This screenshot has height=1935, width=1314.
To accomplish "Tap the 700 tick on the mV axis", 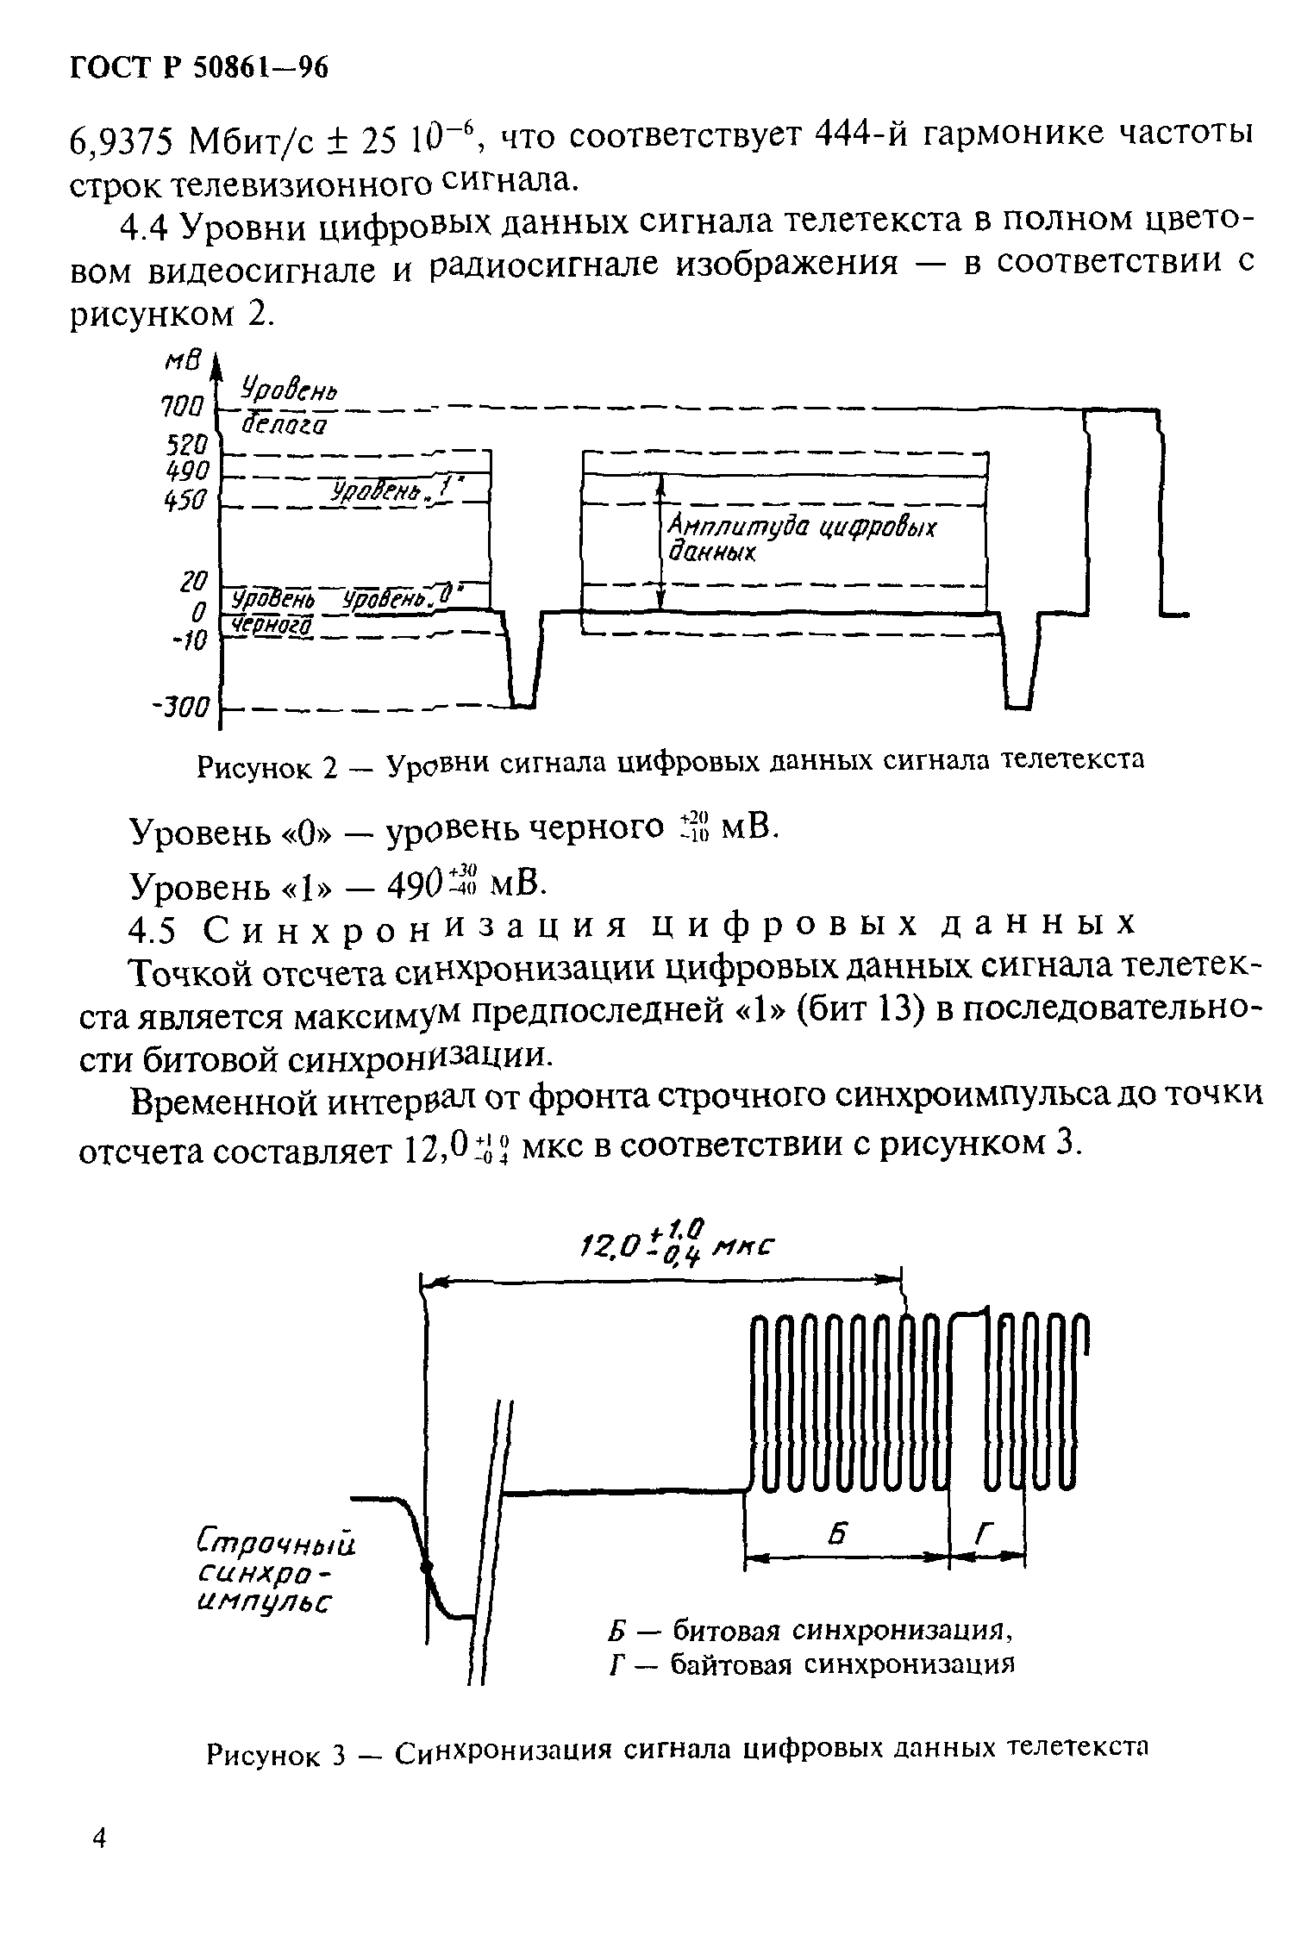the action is click(183, 407).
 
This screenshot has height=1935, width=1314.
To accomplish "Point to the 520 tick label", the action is click(186, 445).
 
